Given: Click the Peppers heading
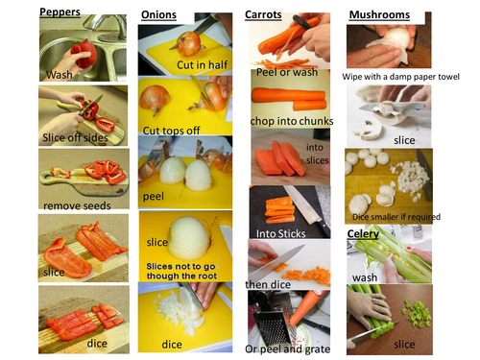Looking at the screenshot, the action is click(x=60, y=12).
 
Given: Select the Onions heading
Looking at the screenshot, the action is click(x=158, y=14).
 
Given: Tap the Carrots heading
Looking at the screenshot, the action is click(x=263, y=14).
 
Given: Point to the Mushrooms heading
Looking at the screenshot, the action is click(x=379, y=14).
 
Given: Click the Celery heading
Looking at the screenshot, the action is click(x=363, y=234).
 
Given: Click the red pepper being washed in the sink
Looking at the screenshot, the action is click(x=84, y=53).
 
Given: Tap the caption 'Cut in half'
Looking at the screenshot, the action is click(x=203, y=65).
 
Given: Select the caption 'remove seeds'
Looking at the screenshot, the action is click(x=77, y=205).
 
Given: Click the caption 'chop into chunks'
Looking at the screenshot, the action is click(x=292, y=121).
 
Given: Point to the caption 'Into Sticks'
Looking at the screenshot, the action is click(x=280, y=233).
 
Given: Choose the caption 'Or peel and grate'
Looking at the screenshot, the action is click(x=288, y=349).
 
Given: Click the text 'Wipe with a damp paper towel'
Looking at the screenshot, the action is click(x=400, y=77).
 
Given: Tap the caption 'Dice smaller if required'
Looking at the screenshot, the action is click(x=396, y=217).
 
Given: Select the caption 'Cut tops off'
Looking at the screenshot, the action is click(x=172, y=131).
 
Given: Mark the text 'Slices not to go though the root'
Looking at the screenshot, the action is click(x=181, y=271).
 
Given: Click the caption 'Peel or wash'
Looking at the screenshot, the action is click(x=287, y=72).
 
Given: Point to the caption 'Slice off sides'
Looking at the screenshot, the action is click(x=75, y=137).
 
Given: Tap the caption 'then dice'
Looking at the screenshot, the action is click(x=268, y=284).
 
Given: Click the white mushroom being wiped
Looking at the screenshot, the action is click(x=396, y=39).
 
